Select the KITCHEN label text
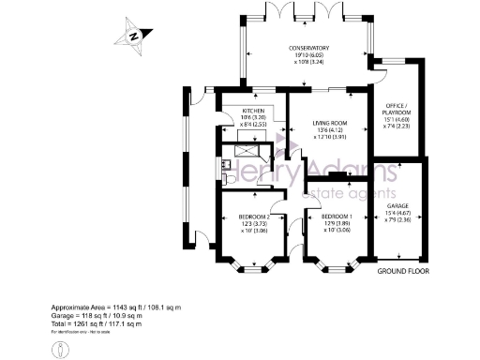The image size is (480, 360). (x=241, y=112)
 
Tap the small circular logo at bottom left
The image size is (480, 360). (x=62, y=348)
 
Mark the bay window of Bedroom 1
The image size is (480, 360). (x=335, y=268)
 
